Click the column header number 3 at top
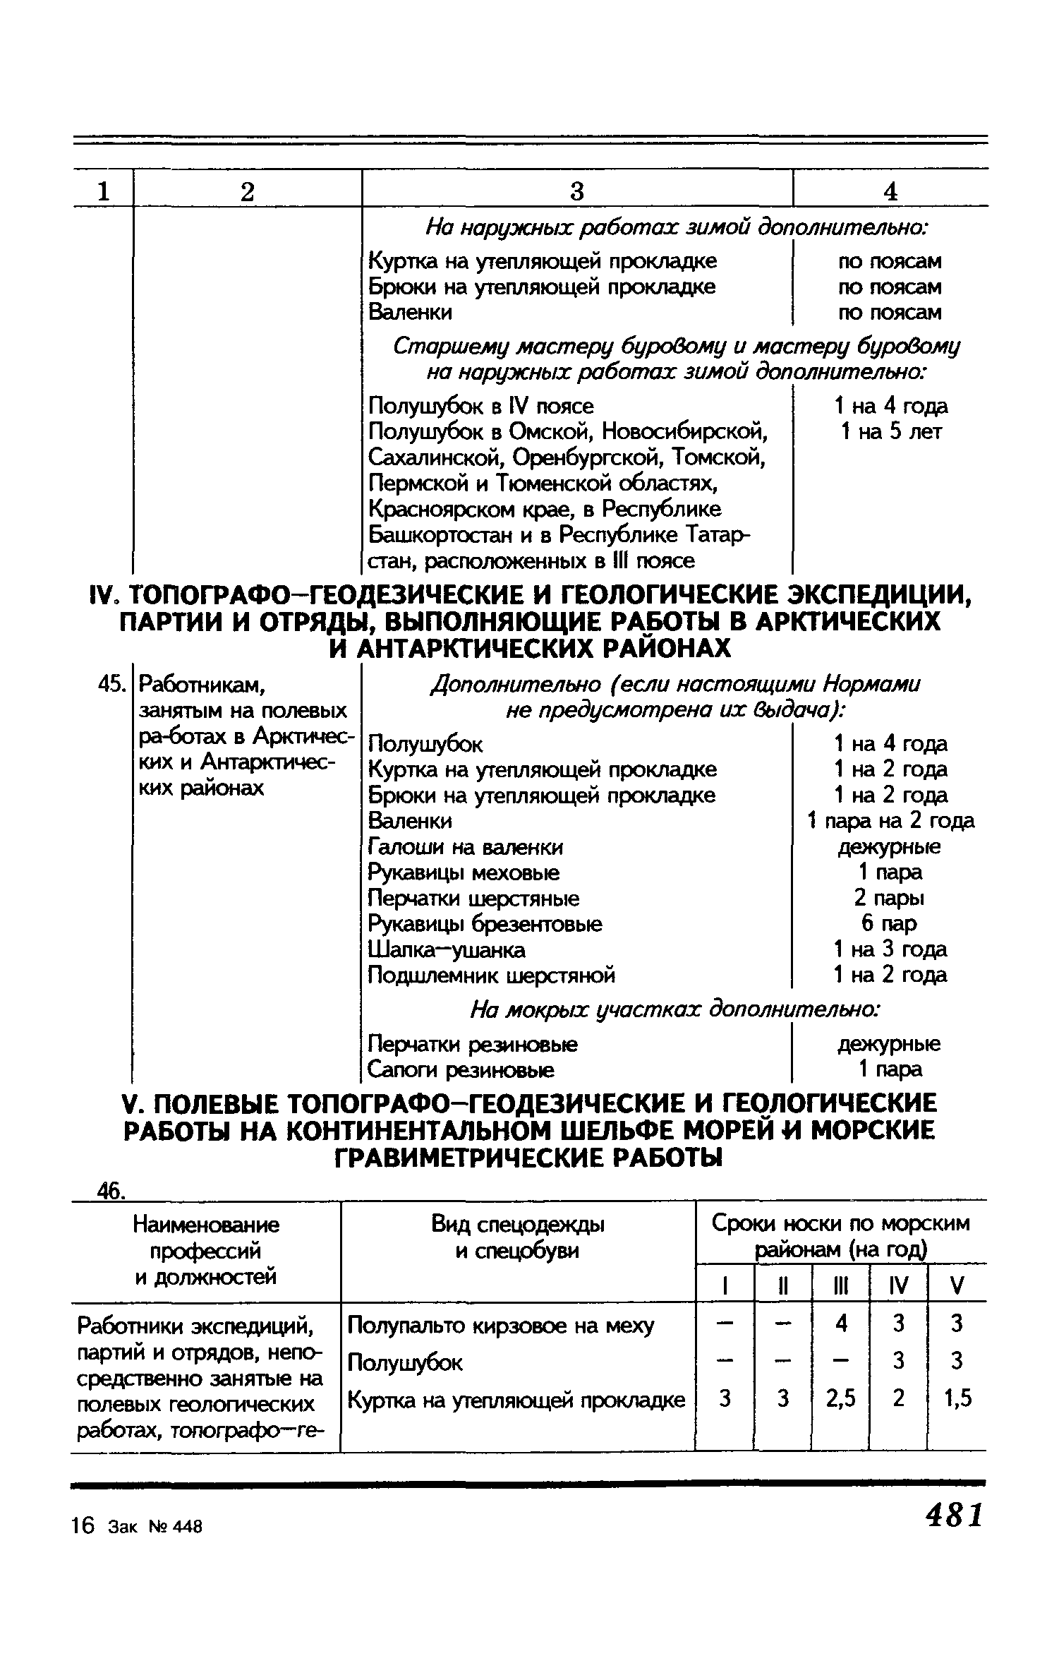pyautogui.click(x=577, y=191)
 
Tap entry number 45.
pyautogui.click(x=112, y=684)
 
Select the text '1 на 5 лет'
pyautogui.click(x=890, y=431)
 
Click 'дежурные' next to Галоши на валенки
pyautogui.click(x=889, y=846)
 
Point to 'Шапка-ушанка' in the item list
pyautogui.click(x=447, y=950)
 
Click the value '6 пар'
pyautogui.click(x=889, y=923)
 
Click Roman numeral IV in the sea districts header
pyautogui.click(x=898, y=1285)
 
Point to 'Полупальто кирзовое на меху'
pyautogui.click(x=501, y=1325)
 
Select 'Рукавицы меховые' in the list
pyautogui.click(x=464, y=872)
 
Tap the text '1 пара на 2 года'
pyautogui.click(x=890, y=821)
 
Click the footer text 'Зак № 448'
pyautogui.click(x=155, y=1526)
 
